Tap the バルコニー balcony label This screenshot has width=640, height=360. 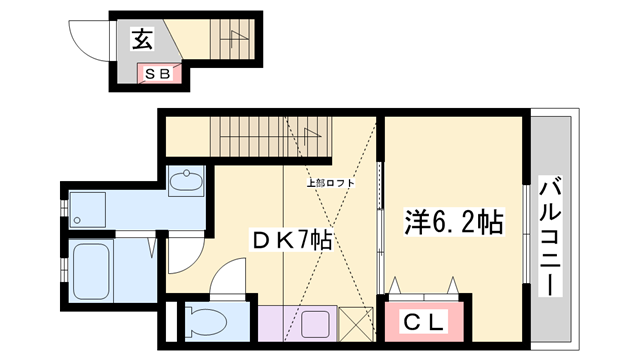[x=549, y=235]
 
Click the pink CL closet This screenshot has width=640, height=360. [x=425, y=322]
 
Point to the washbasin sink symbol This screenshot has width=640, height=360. [x=186, y=184]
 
